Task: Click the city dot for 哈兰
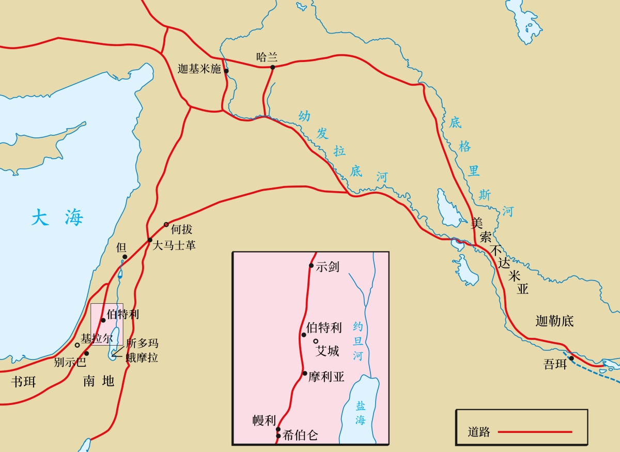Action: click(272, 67)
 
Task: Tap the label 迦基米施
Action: click(199, 69)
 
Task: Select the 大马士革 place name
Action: click(174, 245)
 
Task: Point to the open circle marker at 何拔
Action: click(166, 224)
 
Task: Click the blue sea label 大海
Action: click(57, 217)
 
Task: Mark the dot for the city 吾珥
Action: click(571, 358)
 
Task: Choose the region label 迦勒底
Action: click(554, 321)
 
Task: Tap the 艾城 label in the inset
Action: click(328, 351)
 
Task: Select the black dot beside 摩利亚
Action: click(305, 373)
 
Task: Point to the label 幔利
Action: click(264, 420)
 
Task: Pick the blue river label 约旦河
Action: click(358, 341)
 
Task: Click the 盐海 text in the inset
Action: click(360, 413)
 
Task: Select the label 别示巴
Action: click(70, 362)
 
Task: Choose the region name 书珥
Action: click(24, 382)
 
